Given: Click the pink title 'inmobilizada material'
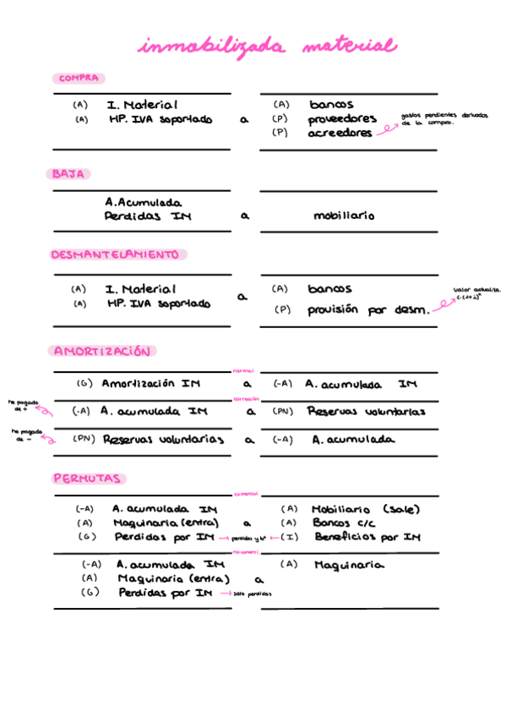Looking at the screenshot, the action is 266,47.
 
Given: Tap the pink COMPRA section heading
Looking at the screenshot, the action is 79,79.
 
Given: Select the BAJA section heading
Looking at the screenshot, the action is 68,174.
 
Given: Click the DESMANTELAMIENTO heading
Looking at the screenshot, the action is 116,255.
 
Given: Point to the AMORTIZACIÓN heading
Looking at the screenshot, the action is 103,351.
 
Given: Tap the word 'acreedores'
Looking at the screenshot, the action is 340,134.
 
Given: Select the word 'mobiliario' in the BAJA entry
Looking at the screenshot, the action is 344,216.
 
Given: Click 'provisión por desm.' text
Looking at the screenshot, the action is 367,310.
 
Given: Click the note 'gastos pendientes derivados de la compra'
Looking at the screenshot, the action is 444,119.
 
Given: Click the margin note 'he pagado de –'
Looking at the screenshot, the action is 24,434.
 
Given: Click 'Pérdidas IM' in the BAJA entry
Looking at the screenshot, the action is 148,217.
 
